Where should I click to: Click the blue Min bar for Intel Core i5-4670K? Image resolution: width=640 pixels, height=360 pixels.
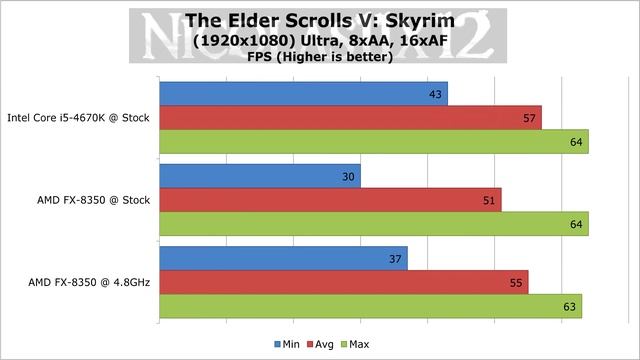303,93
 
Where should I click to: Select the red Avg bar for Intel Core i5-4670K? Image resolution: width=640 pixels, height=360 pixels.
350,118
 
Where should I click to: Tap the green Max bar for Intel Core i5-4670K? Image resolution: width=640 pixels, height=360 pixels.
373,142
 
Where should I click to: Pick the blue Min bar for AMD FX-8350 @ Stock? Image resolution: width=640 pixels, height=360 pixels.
259,176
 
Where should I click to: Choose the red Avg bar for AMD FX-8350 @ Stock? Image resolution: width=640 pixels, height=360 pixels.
330,200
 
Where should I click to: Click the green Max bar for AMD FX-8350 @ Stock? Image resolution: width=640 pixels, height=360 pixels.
373,224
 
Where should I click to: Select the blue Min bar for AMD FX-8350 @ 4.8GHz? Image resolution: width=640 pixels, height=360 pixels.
283,258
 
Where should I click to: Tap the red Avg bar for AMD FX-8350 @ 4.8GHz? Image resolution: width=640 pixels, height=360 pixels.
343,283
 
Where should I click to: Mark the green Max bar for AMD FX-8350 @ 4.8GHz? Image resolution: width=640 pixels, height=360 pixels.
370,307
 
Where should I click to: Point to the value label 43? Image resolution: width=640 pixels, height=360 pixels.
435,94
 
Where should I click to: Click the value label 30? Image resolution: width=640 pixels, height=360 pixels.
348,176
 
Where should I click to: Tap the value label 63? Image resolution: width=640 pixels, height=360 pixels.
569,307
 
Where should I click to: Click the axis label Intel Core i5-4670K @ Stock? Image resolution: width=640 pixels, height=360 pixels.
78,118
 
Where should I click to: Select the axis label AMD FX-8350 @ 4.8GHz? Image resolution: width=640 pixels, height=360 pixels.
91,283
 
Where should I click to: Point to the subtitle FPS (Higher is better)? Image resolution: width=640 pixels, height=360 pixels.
319,57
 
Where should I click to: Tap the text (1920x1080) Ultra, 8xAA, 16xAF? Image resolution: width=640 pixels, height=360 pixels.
319,42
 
